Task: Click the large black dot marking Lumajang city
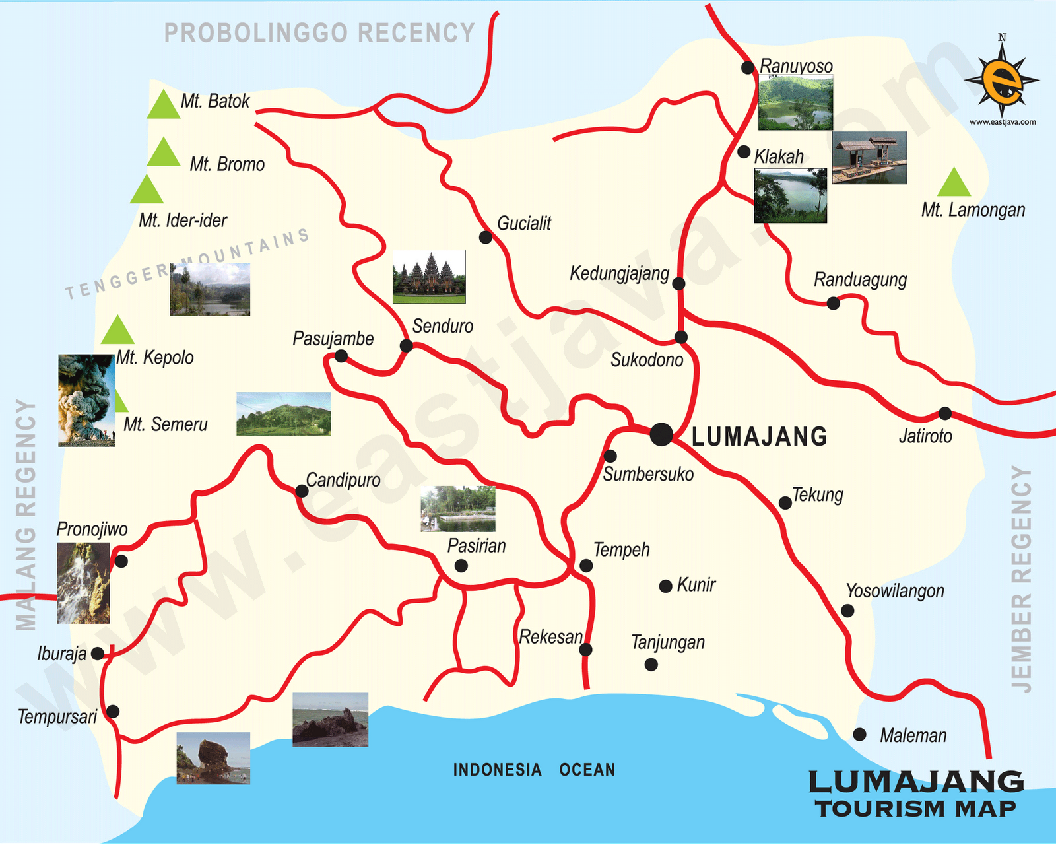click(x=661, y=434)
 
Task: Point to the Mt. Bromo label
click(x=227, y=164)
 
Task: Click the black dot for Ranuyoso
click(x=748, y=67)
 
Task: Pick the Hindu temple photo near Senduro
click(x=429, y=277)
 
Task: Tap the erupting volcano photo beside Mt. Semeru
click(x=86, y=400)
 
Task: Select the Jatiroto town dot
click(x=945, y=413)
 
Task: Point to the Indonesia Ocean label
click(x=534, y=770)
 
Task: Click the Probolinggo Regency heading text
click(x=319, y=33)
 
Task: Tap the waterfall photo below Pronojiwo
click(x=83, y=583)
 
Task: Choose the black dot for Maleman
click(x=859, y=734)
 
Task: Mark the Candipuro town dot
click(x=302, y=491)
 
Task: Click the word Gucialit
click(x=524, y=224)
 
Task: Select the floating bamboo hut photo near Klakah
click(x=869, y=158)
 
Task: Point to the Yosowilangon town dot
click(x=847, y=611)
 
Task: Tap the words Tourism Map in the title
click(x=915, y=809)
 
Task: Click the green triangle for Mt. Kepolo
click(x=118, y=331)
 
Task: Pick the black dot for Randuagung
click(x=834, y=303)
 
